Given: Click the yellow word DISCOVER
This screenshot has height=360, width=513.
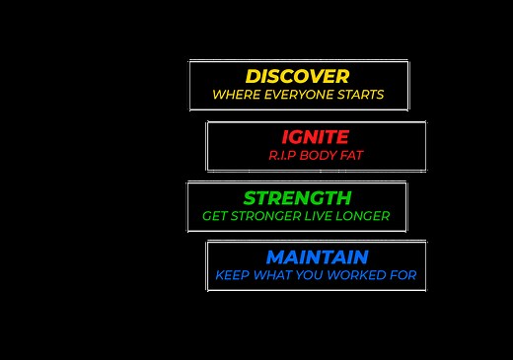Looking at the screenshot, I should [297, 76].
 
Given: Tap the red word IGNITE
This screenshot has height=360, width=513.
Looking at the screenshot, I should [315, 137].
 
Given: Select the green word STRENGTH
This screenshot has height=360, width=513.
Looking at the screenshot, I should [297, 197].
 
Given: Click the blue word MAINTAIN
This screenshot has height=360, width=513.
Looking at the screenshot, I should [317, 256].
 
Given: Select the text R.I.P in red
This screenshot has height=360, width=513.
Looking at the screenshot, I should [281, 156].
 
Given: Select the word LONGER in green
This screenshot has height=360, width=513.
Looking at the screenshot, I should [365, 216].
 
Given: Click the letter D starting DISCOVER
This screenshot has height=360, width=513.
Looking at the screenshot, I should [254, 76].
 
